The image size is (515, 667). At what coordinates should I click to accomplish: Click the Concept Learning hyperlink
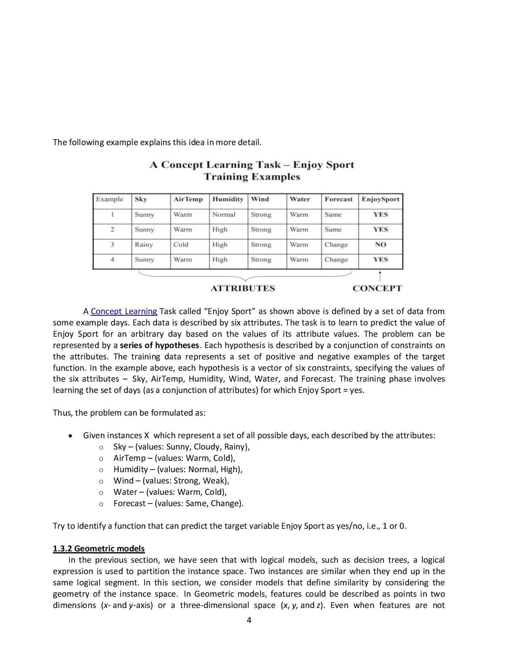(124, 311)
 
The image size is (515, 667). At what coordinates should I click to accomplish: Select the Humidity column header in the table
(228, 199)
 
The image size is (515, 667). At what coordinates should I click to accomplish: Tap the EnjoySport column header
(380, 199)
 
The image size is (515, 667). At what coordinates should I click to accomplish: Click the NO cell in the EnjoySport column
(380, 245)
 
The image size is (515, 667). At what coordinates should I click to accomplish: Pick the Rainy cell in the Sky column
(144, 245)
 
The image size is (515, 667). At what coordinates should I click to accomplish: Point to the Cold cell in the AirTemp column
(181, 245)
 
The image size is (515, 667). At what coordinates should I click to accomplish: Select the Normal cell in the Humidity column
(224, 215)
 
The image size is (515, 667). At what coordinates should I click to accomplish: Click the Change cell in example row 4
(336, 260)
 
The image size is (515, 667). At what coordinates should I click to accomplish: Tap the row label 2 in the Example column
(112, 230)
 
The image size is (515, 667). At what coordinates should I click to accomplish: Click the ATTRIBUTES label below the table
(243, 288)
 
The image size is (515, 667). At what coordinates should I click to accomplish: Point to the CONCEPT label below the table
(377, 288)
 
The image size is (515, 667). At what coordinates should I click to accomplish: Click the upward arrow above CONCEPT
(380, 277)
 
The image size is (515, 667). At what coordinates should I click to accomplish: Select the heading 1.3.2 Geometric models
(99, 549)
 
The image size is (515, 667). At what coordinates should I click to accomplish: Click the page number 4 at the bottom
(249, 620)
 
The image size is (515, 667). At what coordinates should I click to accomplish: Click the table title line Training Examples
(252, 177)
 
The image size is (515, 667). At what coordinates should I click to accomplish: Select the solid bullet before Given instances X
(71, 436)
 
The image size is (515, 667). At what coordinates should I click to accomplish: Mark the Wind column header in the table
(260, 199)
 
